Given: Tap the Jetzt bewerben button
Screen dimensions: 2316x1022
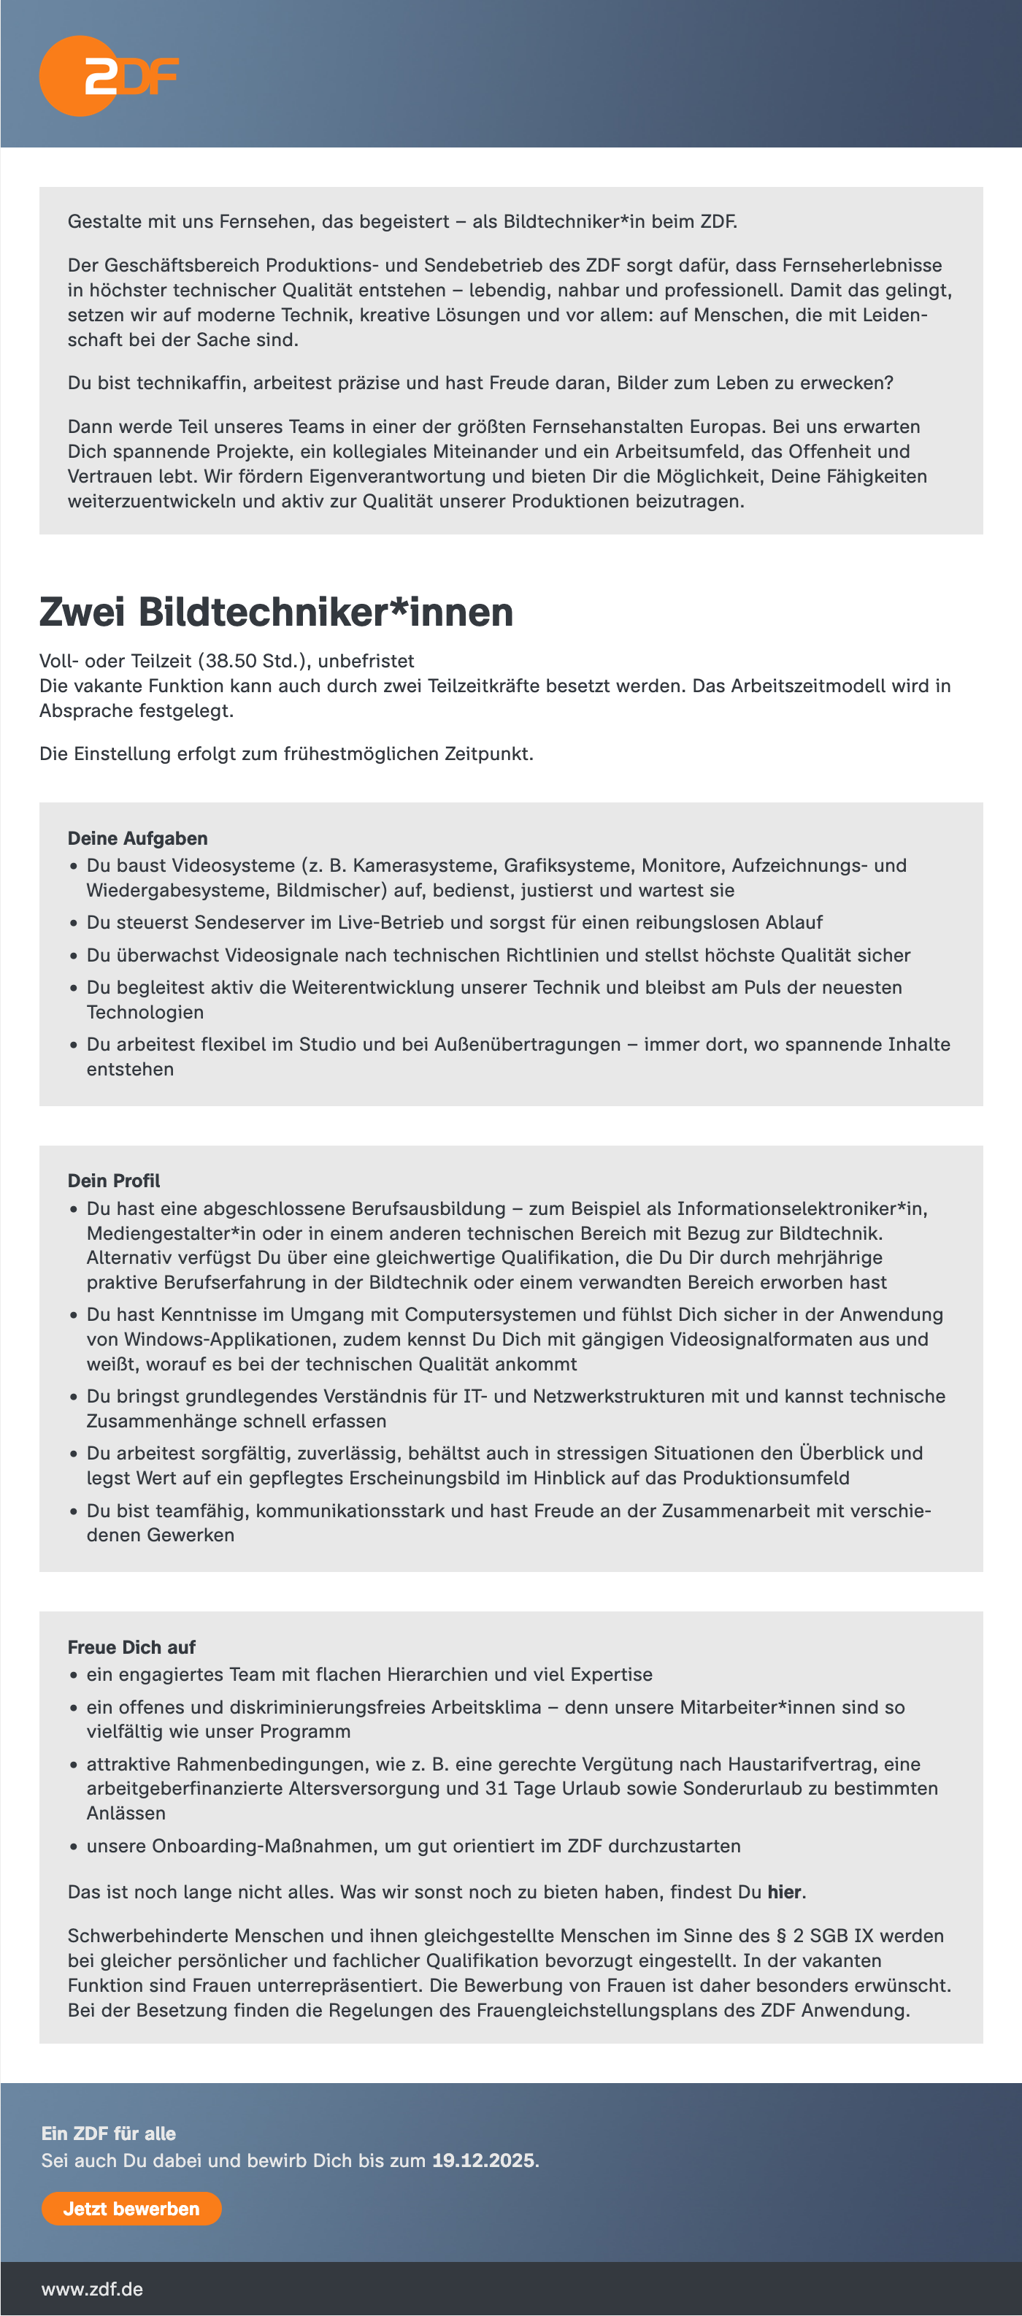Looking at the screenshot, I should point(131,2208).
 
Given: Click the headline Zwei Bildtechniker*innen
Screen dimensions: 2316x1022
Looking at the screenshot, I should point(276,613).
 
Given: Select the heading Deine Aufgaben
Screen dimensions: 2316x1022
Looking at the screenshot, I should point(137,838).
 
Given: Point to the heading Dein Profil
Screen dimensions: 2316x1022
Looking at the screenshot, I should point(114,1181).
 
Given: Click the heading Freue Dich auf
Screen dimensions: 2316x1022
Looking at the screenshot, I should point(131,1647).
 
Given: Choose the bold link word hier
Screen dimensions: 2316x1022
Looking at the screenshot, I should point(784,1892).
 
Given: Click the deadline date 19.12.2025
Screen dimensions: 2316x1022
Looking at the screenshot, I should point(483,2160).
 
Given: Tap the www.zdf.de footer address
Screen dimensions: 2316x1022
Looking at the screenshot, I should point(92,2288).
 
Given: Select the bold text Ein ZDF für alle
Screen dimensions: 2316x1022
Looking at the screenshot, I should point(109,2133).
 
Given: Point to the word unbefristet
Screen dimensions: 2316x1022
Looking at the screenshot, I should point(366,661).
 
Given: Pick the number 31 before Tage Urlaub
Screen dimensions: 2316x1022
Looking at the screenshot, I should point(496,1788).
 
